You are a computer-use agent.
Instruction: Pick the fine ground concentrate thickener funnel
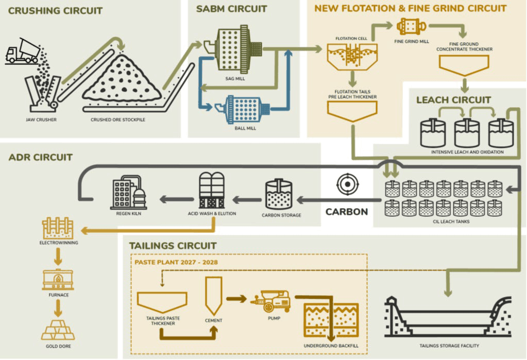[463, 64]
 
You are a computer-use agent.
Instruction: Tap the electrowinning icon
[58, 227]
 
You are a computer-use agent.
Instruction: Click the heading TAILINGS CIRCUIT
[173, 246]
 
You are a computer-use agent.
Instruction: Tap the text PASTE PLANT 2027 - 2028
[176, 262]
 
